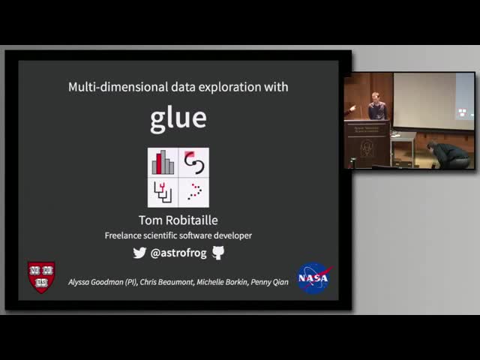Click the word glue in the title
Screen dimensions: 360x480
(178, 118)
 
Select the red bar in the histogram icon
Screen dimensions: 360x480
(159, 161)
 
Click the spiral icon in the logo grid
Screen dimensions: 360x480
(193, 162)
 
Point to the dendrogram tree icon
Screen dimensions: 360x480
(163, 193)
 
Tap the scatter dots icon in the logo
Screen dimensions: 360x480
(194, 191)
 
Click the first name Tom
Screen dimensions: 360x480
(150, 220)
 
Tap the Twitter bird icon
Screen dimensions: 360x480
(139, 253)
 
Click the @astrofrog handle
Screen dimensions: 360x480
(178, 253)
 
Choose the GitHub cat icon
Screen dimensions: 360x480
(218, 253)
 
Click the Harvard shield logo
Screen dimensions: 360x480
(41, 276)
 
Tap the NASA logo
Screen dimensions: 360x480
(313, 277)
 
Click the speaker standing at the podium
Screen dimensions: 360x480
(376, 106)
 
